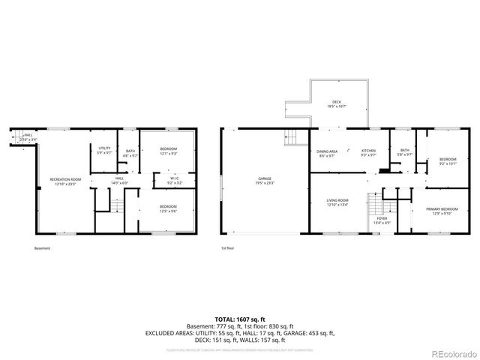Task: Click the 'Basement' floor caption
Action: [x=43, y=248]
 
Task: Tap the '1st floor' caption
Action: [x=227, y=248]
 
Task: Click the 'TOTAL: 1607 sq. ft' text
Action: [x=240, y=319]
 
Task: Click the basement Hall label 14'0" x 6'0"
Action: [x=120, y=180]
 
